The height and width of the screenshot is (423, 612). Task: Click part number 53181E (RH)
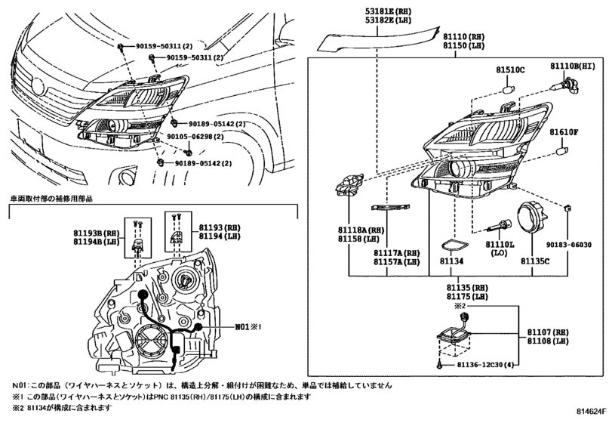383,12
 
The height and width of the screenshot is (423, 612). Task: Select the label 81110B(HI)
573,66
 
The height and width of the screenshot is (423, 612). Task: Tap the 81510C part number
510,70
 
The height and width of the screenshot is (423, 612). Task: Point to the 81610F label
564,132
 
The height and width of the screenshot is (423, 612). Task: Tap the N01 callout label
248,326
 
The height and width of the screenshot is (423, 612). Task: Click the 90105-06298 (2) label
195,137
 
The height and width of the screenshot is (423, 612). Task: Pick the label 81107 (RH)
548,332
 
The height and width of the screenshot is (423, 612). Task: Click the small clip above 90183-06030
567,207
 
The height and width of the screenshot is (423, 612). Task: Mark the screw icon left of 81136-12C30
440,365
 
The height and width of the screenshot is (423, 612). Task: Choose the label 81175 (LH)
467,296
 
